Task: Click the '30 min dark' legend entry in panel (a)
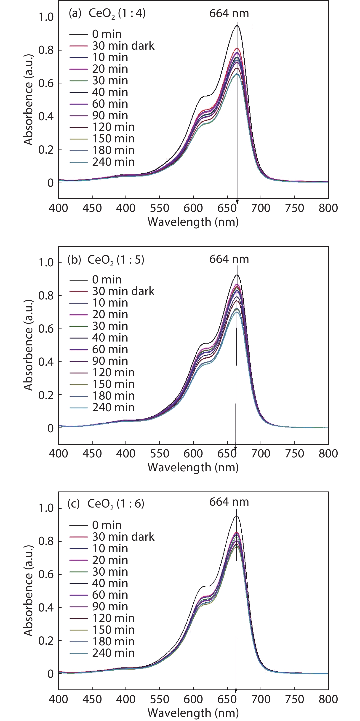point(123,46)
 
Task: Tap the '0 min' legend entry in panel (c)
point(107,525)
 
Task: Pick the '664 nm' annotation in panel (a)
point(229,13)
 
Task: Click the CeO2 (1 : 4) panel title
point(117,13)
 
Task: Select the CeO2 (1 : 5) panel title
point(116,260)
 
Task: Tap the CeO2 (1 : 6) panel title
point(116,504)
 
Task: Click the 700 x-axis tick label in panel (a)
point(261,208)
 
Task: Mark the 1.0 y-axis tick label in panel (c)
point(46,508)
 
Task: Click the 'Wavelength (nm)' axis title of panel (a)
point(193,222)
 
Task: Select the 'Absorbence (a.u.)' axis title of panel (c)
point(28,591)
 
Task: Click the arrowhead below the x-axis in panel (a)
point(237,202)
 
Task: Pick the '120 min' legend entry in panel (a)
point(113,127)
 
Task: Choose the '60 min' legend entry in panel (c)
point(110,595)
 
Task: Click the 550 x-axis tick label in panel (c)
point(160,700)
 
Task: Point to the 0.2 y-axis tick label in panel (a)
point(46,150)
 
